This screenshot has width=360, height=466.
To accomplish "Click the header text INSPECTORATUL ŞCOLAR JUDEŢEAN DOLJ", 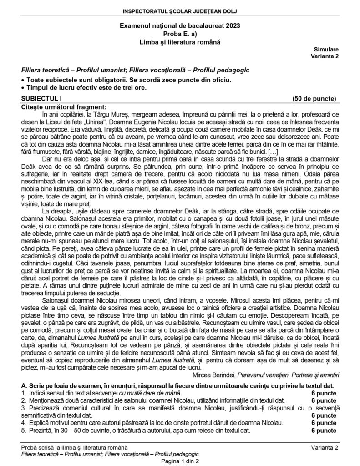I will (x=180, y=10).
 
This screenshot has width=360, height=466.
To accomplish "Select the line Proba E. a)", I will (x=180, y=35).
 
